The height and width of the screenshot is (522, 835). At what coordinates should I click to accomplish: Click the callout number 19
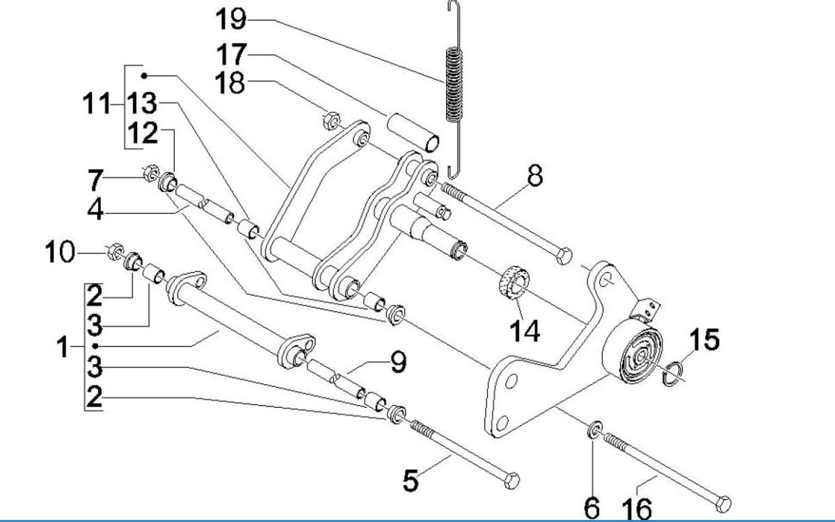[x=230, y=19]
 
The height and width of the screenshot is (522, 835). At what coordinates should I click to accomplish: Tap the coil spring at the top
[x=453, y=84]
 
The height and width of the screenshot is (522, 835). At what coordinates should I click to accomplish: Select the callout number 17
[x=230, y=53]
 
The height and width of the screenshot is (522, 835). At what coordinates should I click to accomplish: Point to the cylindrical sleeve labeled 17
[x=415, y=132]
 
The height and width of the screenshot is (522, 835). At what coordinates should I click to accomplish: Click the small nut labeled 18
[x=331, y=120]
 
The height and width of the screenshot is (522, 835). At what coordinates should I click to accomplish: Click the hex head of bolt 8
[x=564, y=255]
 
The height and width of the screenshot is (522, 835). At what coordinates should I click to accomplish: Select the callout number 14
[x=524, y=332]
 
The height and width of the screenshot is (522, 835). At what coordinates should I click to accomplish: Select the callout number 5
[x=412, y=480]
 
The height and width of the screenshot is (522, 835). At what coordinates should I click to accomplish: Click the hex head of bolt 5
[x=511, y=480]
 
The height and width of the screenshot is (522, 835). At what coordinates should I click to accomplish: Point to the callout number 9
[x=397, y=362]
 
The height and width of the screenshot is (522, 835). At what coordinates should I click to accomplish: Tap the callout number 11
[x=96, y=106]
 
